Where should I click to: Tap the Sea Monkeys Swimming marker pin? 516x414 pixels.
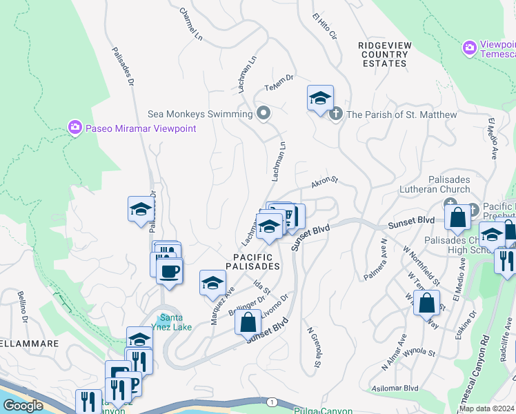pyautogui.click(x=263, y=114)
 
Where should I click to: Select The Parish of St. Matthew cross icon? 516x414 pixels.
pyautogui.click(x=336, y=114)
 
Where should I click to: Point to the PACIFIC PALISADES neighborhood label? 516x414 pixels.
pyautogui.click(x=252, y=261)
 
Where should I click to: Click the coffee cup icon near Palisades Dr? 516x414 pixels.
pyautogui.click(x=169, y=270)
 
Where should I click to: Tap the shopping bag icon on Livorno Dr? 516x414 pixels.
pyautogui.click(x=248, y=322)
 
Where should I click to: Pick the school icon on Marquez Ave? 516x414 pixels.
pyautogui.click(x=213, y=282)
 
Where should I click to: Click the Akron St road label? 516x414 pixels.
pyautogui.click(x=324, y=182)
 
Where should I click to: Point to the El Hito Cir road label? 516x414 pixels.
pyautogui.click(x=324, y=26)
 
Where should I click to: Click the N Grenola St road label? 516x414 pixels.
pyautogui.click(x=313, y=347)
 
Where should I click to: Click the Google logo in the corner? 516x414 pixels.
pyautogui.click(x=23, y=406)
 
